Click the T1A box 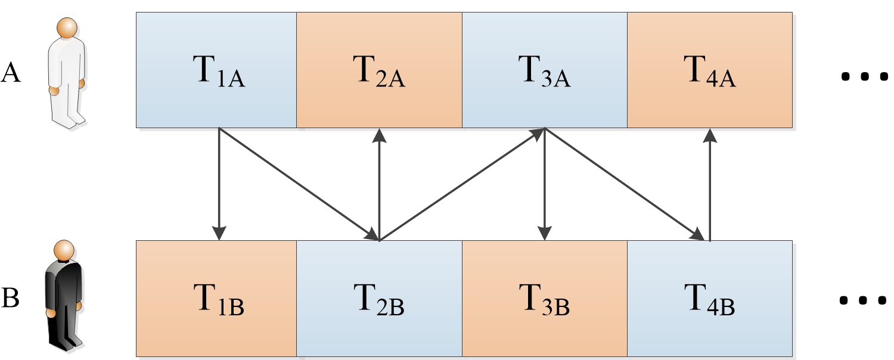pos(216,70)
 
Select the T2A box pos(379,70)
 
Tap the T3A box pos(544,70)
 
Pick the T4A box pos(709,70)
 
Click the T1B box pos(216,299)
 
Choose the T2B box pos(379,299)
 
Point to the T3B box pos(544,299)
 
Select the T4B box pos(709,299)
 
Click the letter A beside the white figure pos(11,73)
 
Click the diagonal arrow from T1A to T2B pos(298,184)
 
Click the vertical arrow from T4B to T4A pos(709,185)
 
